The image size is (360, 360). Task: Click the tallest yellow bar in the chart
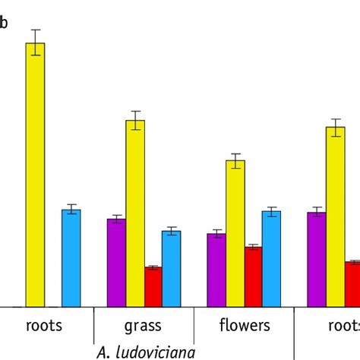(36, 175)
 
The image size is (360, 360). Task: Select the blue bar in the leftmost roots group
(71, 258)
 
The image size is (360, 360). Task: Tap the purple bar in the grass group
(116, 263)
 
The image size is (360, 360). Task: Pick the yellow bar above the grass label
(135, 213)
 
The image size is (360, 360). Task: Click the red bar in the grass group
(153, 286)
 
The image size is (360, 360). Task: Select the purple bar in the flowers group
(216, 270)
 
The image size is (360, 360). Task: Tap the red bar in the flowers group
(253, 276)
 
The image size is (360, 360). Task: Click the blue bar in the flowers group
(271, 258)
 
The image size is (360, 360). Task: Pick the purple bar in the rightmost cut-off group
(317, 259)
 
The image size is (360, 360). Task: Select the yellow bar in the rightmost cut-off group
(336, 216)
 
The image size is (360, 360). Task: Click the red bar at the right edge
(352, 284)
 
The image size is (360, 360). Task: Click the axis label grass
(143, 326)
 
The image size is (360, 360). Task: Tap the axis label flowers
(245, 326)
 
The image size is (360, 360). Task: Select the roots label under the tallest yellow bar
(44, 326)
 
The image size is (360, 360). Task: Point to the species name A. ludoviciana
(146, 352)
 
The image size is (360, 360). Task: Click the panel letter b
(4, 23)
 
